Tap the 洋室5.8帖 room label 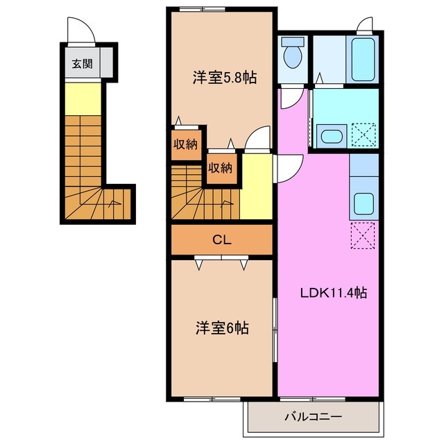(224, 78)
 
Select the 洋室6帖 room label (221, 327)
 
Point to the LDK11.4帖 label (333, 293)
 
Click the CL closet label (221, 241)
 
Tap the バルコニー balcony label (312, 418)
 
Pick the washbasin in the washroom (330, 135)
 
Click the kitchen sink (364, 203)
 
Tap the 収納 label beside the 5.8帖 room (186, 145)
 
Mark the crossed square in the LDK (364, 234)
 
